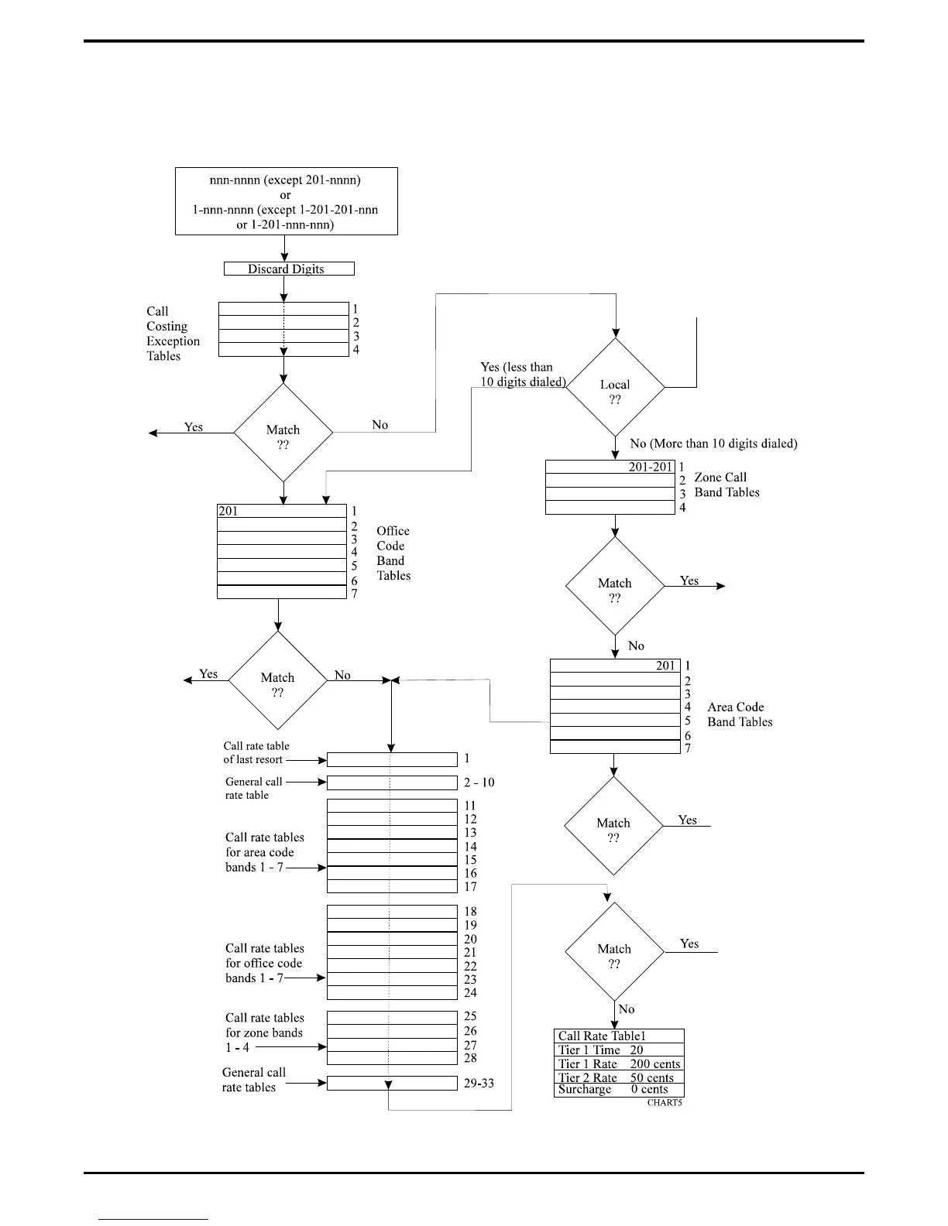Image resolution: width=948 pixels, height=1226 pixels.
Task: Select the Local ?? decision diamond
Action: tap(615, 387)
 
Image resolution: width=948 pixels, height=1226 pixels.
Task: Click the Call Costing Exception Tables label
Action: tap(173, 334)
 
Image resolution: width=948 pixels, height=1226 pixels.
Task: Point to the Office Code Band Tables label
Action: tap(393, 553)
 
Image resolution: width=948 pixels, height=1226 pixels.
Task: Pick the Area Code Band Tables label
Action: tap(740, 714)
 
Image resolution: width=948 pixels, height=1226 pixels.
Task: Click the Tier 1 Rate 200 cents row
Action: tap(619, 1064)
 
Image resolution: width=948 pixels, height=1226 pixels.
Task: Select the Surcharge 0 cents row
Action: tap(619, 1090)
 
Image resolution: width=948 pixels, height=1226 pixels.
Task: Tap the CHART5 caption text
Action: tap(665, 1102)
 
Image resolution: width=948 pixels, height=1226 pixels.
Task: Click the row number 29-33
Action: tap(479, 1084)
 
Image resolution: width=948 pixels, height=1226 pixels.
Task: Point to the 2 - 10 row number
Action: tap(479, 783)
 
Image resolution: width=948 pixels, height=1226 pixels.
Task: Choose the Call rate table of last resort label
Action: tap(256, 753)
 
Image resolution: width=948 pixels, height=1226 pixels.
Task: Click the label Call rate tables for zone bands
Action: tap(264, 1033)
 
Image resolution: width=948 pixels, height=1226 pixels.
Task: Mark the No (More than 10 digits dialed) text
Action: tap(713, 443)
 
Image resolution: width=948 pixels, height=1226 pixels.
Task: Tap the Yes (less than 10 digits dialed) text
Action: tap(523, 375)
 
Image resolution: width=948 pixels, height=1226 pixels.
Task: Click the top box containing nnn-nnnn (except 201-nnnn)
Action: tap(286, 201)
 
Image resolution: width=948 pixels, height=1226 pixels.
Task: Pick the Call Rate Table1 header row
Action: tap(619, 1036)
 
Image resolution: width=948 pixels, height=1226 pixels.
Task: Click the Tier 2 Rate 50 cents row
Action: tap(619, 1077)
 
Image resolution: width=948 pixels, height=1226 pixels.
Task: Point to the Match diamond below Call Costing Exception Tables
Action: tap(283, 433)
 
